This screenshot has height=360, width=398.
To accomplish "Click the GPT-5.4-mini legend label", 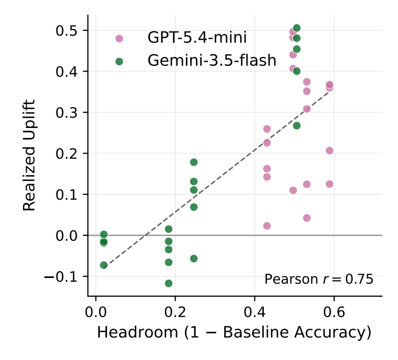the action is tap(197, 38).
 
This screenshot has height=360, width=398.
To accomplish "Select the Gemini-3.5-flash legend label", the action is tap(212, 61).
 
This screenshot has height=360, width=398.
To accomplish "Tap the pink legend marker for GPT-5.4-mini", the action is tap(119, 39).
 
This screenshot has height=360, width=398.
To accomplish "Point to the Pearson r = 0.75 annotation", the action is tap(319, 279).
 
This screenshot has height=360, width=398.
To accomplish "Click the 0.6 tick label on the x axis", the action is tap(334, 311).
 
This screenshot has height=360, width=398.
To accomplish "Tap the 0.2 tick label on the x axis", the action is tap(175, 311).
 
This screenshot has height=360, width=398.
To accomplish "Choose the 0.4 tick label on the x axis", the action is tap(254, 311).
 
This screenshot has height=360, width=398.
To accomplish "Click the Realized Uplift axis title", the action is tap(29, 155).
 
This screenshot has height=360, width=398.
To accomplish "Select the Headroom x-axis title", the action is tap(234, 332).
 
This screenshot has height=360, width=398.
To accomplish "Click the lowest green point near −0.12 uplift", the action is tap(169, 283).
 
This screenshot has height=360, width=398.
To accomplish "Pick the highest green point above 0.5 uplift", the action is tap(297, 28).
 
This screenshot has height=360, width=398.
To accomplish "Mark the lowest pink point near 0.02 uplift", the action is tap(267, 226).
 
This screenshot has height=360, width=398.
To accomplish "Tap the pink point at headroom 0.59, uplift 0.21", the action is tap(330, 150).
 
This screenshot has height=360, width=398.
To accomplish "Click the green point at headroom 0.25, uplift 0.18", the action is tap(194, 162).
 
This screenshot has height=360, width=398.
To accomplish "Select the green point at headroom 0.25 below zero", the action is tap(194, 259).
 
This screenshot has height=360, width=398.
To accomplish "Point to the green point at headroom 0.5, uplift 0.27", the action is tap(297, 126).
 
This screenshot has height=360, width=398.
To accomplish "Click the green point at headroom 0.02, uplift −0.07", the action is tap(103, 265).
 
